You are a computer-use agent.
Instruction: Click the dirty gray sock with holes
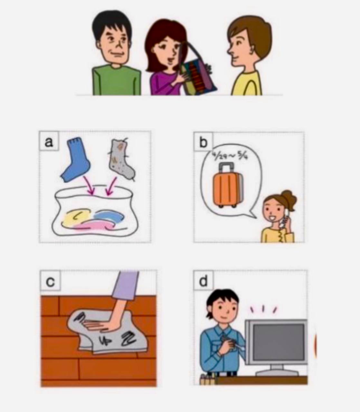pyautogui.click(x=122, y=160)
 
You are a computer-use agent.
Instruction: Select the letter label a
pyautogui.click(x=49, y=141)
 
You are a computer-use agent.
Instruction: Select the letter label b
pyautogui.click(x=203, y=142)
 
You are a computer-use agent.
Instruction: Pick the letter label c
pyautogui.click(x=50, y=281)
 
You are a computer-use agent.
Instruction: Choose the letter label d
pyautogui.click(x=204, y=281)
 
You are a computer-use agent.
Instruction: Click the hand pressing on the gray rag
pyautogui.click(x=103, y=325)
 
